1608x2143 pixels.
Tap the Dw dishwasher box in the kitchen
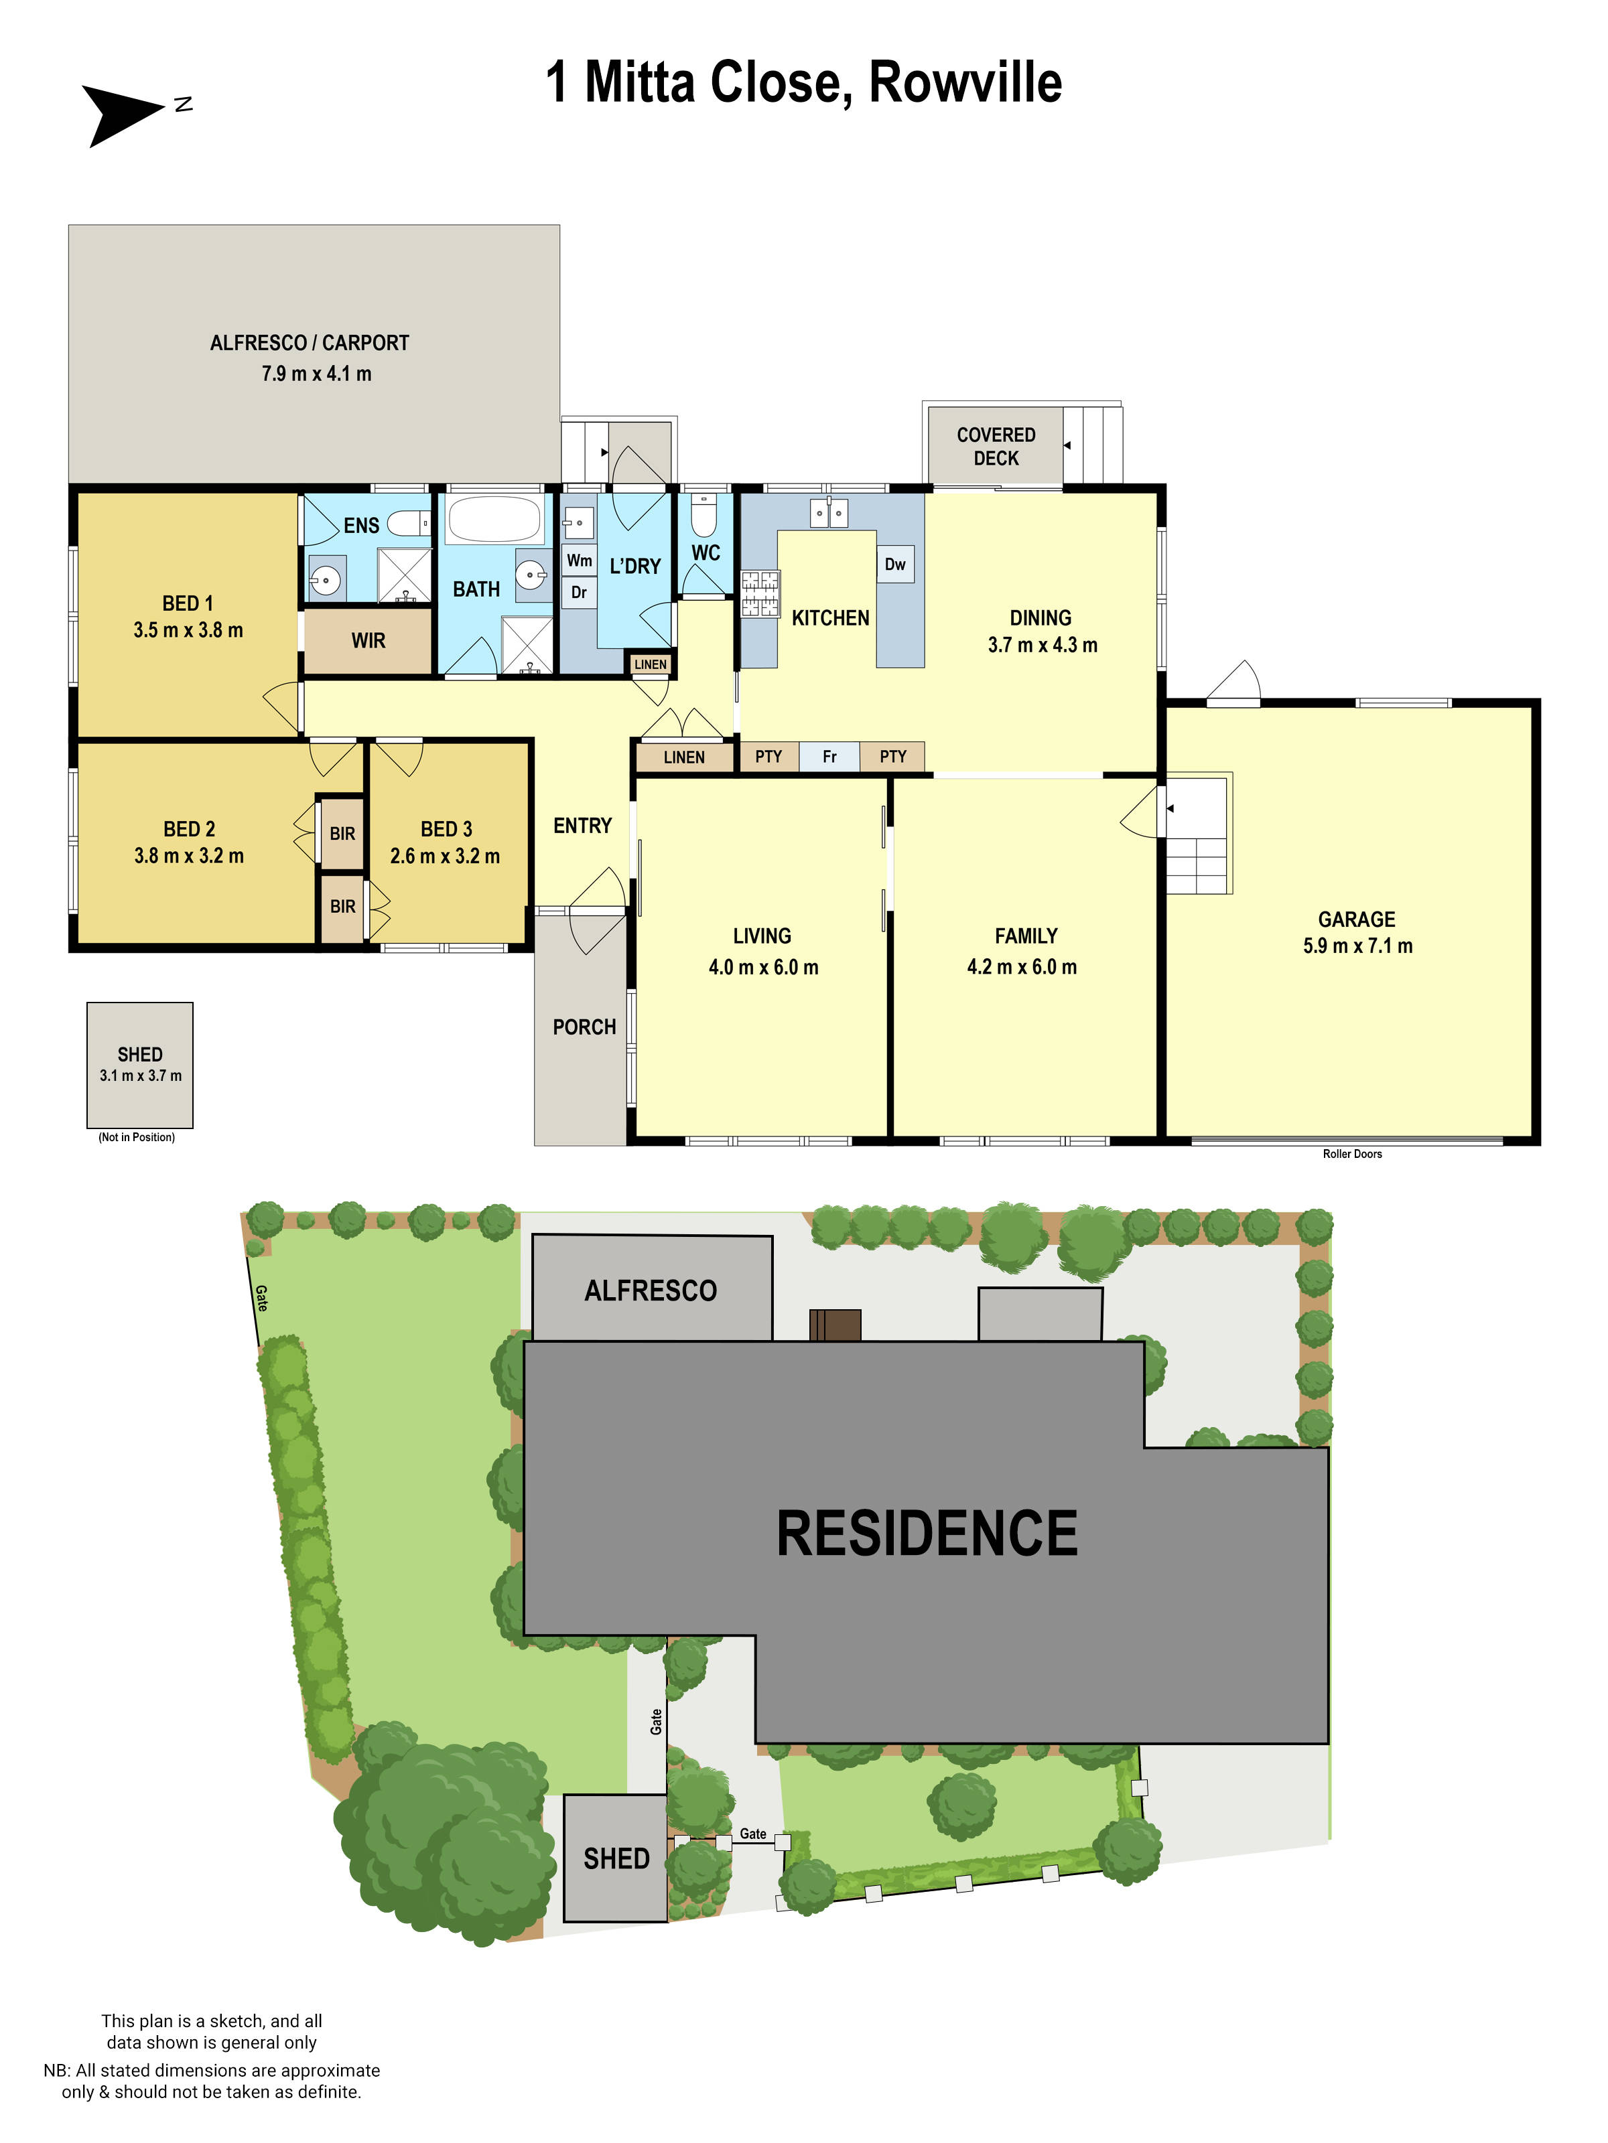[x=894, y=565]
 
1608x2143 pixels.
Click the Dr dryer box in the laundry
[x=579, y=593]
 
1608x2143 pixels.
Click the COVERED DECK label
[x=996, y=447]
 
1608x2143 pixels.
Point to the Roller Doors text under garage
[x=1352, y=1154]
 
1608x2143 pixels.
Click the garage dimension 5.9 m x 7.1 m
[x=1357, y=946]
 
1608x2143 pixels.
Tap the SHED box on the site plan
[x=616, y=1858]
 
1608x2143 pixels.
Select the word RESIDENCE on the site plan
[x=927, y=1534]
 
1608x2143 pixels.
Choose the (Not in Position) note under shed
[x=137, y=1137]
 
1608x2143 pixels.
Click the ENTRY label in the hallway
[x=582, y=826]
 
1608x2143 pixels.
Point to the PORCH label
[x=584, y=1027]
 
